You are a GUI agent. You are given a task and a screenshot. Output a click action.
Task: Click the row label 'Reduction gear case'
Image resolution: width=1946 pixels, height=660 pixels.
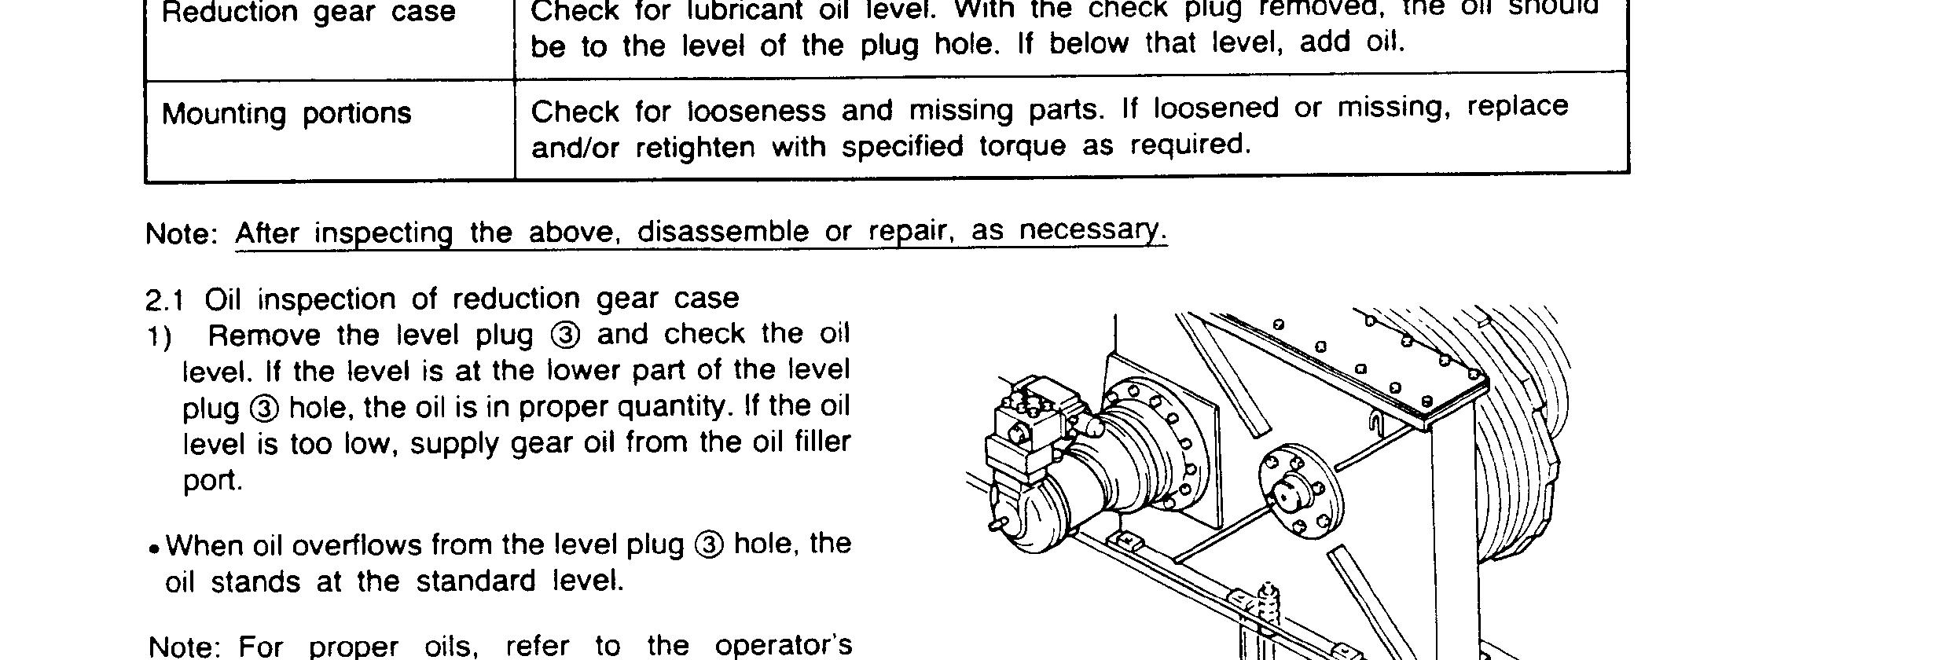[x=308, y=13]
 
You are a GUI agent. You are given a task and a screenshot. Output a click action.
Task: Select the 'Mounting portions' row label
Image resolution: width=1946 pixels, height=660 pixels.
[x=286, y=114]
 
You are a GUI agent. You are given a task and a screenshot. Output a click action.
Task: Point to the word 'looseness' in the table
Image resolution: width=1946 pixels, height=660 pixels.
[x=756, y=111]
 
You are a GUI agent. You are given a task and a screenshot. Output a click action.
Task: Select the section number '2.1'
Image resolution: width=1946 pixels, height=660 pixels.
[x=164, y=300]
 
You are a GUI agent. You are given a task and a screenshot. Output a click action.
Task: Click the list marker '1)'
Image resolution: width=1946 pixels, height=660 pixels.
[x=160, y=337]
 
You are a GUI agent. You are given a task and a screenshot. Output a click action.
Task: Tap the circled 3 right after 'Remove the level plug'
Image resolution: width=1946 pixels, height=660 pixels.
[x=566, y=335]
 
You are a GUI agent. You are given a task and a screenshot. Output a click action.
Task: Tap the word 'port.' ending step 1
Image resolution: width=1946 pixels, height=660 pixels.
[x=213, y=480]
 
